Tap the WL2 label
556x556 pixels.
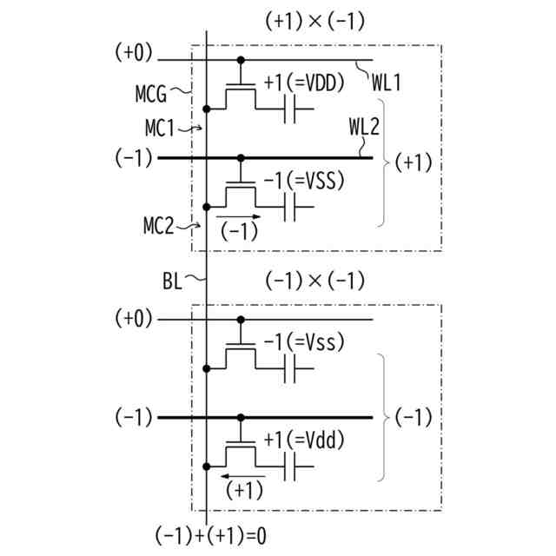(x=364, y=128)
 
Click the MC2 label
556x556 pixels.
(x=159, y=228)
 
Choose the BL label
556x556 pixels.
(x=173, y=280)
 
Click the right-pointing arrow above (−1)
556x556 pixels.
(x=237, y=215)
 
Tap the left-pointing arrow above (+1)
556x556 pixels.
(x=239, y=474)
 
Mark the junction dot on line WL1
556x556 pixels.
(x=241, y=60)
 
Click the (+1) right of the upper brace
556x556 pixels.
(x=414, y=162)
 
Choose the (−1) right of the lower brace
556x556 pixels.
(x=414, y=418)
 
